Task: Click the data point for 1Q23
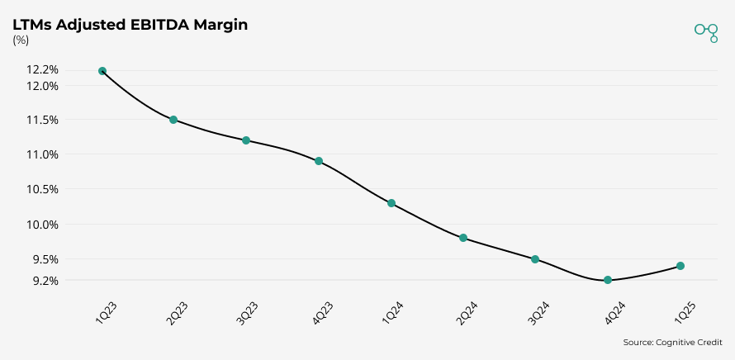102,71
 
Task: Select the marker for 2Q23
173,120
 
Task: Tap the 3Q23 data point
246,140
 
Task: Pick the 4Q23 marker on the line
319,161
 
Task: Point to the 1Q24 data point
391,203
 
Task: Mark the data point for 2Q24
463,238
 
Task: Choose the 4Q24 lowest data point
608,280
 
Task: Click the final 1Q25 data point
680,266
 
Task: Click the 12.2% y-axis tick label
43,70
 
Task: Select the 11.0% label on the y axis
43,154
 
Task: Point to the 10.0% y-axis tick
43,225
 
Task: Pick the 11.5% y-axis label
43,120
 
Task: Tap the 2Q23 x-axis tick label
177,314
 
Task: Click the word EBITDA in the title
157,25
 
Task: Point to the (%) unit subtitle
21,40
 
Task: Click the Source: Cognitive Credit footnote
672,342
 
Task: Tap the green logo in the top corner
706,31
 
